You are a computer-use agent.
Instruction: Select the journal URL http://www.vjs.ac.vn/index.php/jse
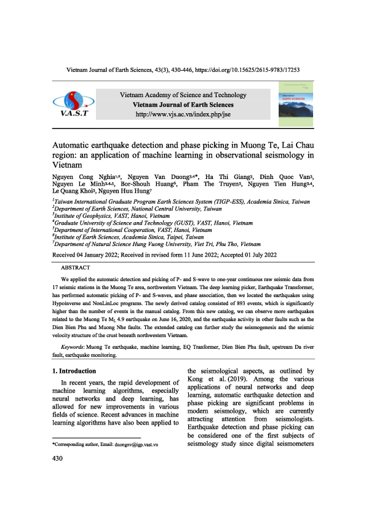pyautogui.click(x=182, y=114)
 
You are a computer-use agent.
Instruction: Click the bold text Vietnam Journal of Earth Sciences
pyautogui.click(x=182, y=105)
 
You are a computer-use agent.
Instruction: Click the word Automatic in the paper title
pyautogui.click(x=74, y=141)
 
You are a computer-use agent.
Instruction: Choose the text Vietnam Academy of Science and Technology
pyautogui.click(x=182, y=95)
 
